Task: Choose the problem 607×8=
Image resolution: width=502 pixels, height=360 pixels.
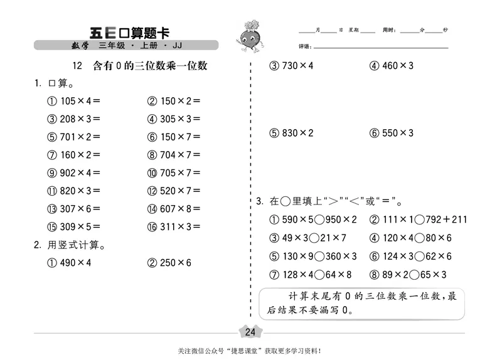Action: pyautogui.click(x=179, y=209)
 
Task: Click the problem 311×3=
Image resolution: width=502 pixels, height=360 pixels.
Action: pyautogui.click(x=179, y=227)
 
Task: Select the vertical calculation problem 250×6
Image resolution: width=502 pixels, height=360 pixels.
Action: pyautogui.click(x=175, y=263)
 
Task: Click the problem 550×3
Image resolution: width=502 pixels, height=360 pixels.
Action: pyautogui.click(x=397, y=133)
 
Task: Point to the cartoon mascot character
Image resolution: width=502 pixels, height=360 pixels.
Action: pyautogui.click(x=250, y=40)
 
